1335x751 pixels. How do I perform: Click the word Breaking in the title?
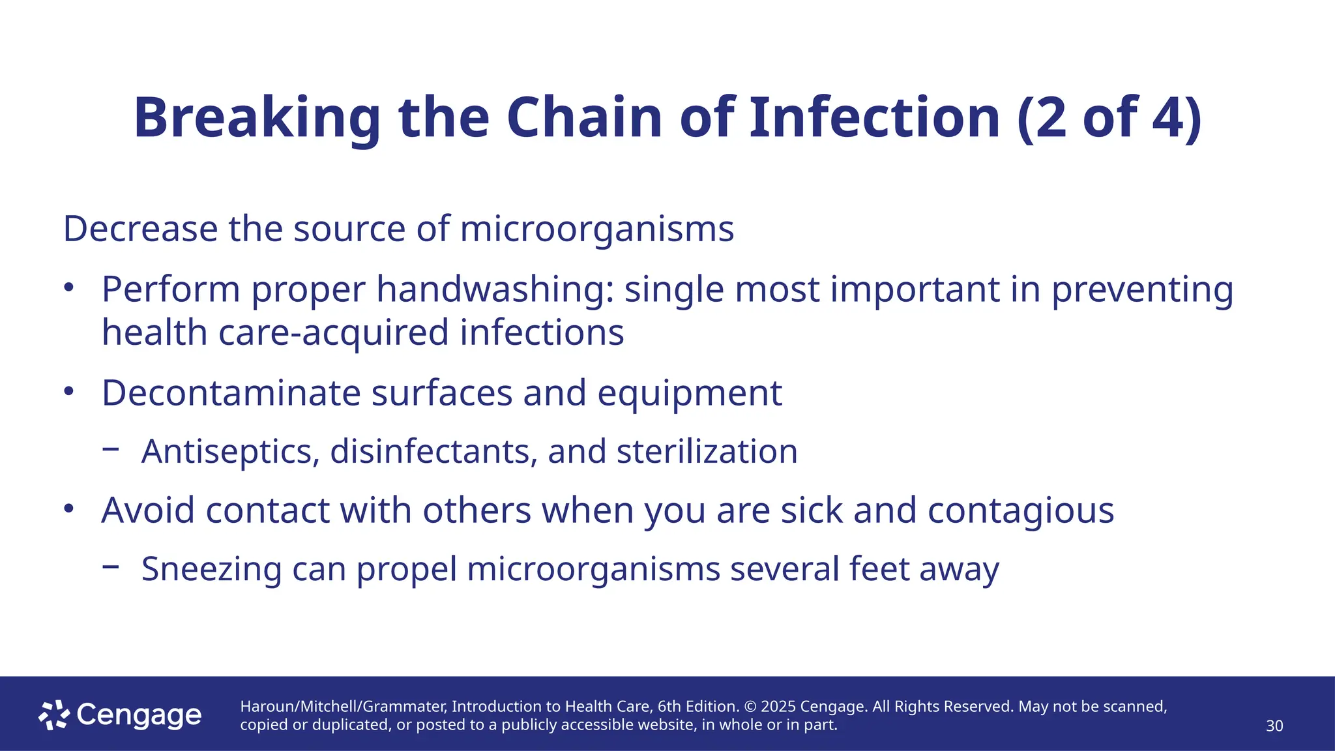[257, 119]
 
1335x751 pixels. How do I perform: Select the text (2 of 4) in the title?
[1109, 119]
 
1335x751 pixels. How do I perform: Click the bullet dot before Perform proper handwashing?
[69, 287]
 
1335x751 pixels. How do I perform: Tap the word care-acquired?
[334, 333]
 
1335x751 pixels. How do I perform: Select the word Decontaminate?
[231, 394]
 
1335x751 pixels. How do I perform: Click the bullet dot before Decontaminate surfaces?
[69, 392]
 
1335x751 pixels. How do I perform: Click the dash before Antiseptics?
[111, 449]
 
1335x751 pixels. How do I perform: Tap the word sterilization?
[707, 452]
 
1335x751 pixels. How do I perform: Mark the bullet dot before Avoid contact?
[69, 508]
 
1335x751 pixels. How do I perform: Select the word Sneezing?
[211, 570]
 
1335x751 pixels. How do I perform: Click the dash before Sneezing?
[111, 567]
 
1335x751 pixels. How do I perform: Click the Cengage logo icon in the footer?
[53, 715]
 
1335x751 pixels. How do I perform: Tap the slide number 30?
[1274, 726]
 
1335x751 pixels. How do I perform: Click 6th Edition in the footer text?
[697, 707]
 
